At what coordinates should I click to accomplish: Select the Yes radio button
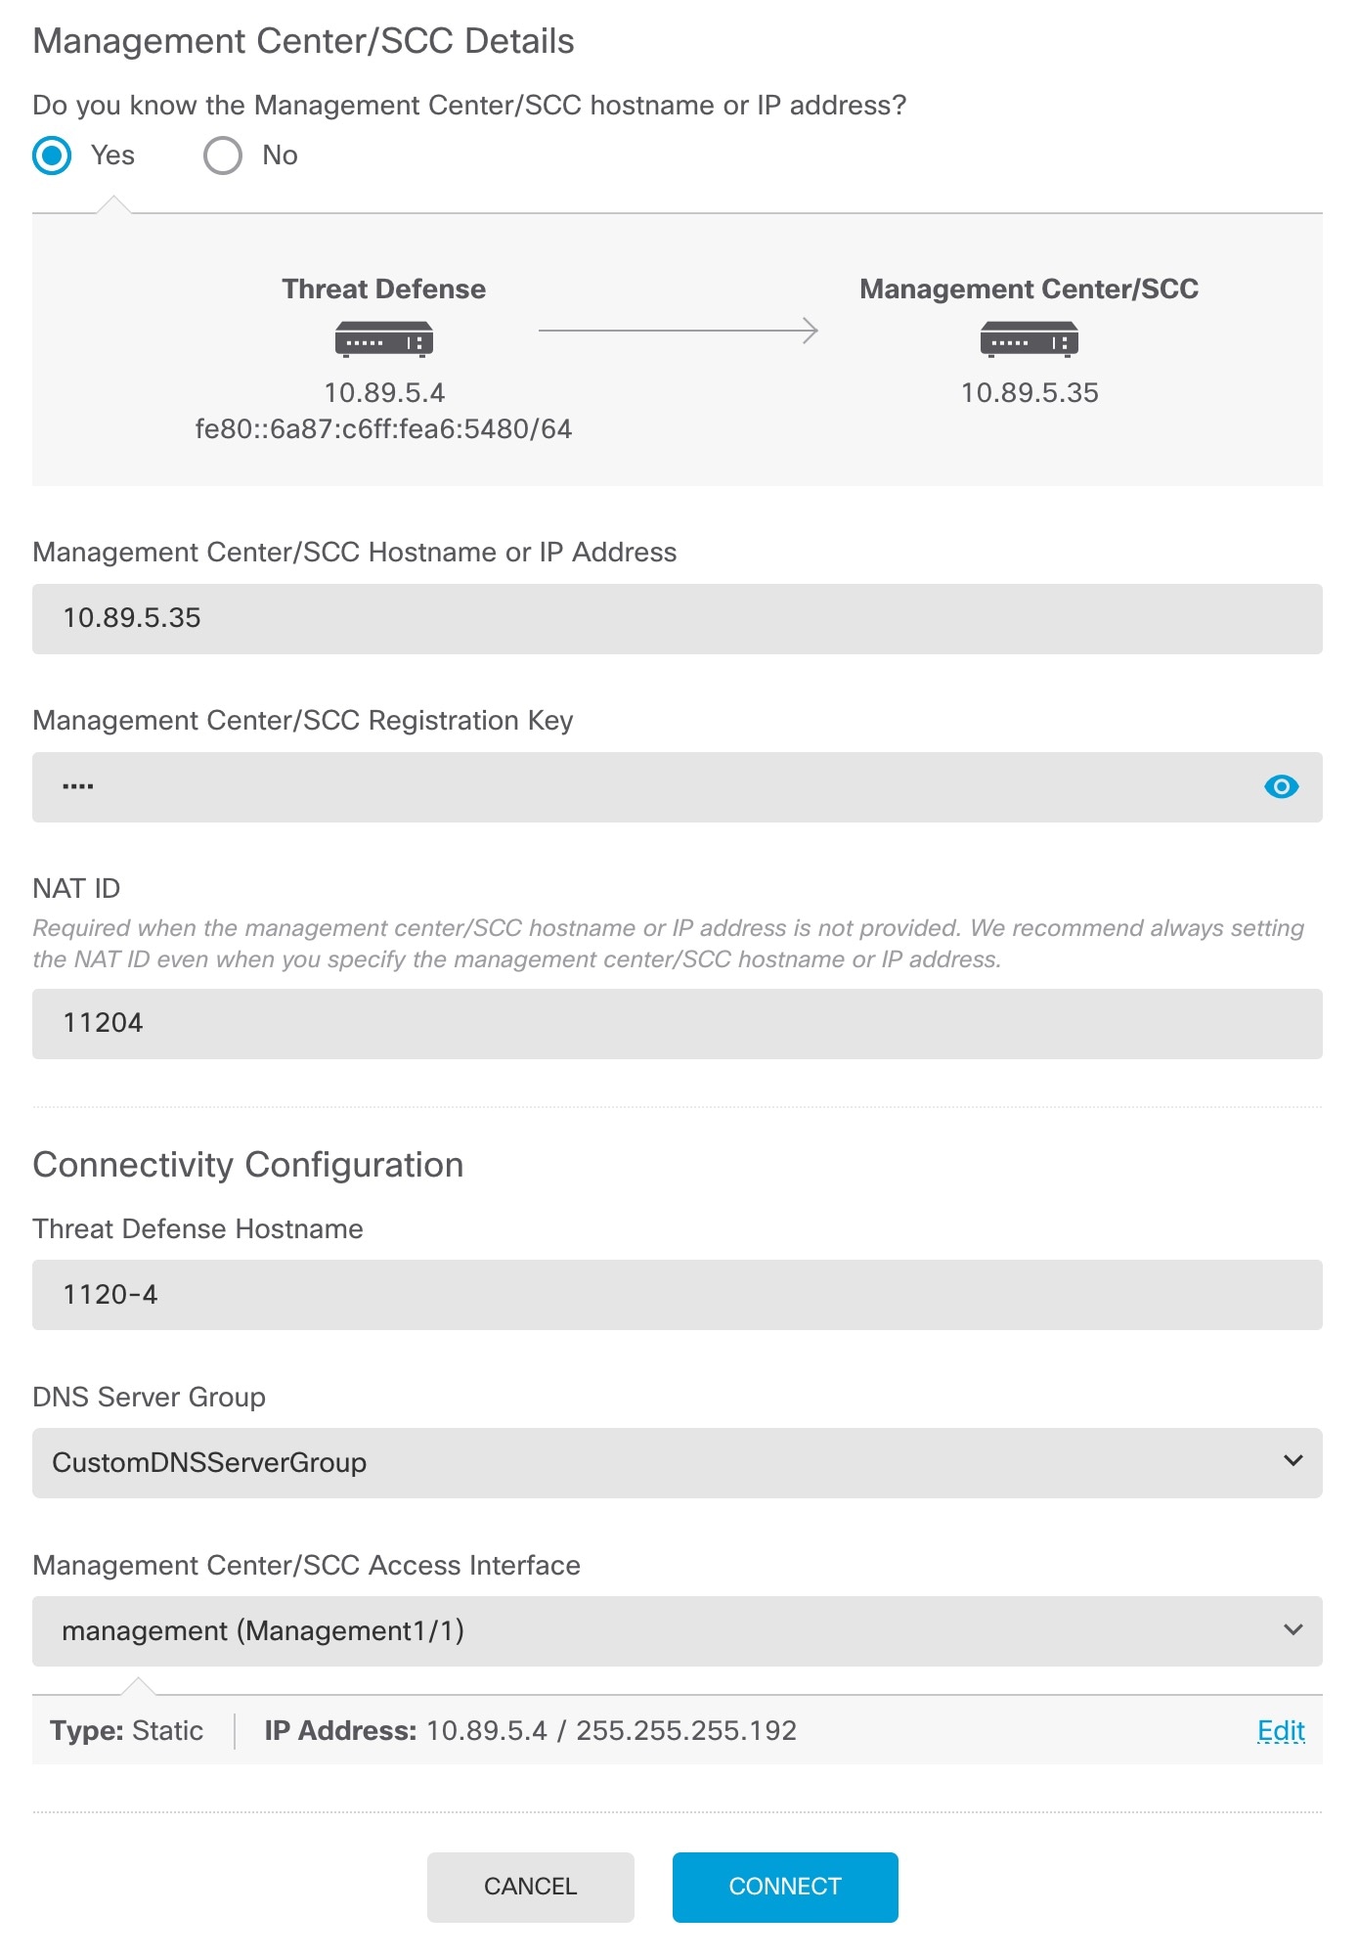point(53,156)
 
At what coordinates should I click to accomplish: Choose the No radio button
point(223,156)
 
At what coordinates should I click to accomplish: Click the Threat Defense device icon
point(383,339)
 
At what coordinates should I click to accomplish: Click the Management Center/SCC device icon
point(1029,339)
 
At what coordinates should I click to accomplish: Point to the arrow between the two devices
point(678,331)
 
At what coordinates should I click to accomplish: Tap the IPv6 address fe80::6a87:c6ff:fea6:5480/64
point(383,429)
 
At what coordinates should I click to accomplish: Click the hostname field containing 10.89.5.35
point(677,619)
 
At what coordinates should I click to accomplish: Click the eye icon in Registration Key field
point(1281,787)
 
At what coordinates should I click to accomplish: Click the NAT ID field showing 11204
point(677,1024)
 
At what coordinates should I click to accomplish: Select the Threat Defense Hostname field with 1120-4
point(677,1295)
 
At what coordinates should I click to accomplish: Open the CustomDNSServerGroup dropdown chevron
point(1293,1462)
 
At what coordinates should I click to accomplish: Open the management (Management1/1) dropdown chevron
point(1293,1630)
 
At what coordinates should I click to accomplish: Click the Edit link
point(1281,1731)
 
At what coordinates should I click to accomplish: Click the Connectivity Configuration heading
point(248,1165)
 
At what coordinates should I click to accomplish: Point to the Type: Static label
point(127,1731)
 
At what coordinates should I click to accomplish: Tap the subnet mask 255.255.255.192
point(686,1731)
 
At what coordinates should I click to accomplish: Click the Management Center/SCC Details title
point(303,42)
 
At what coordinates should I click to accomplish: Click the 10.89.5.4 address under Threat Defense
point(384,393)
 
